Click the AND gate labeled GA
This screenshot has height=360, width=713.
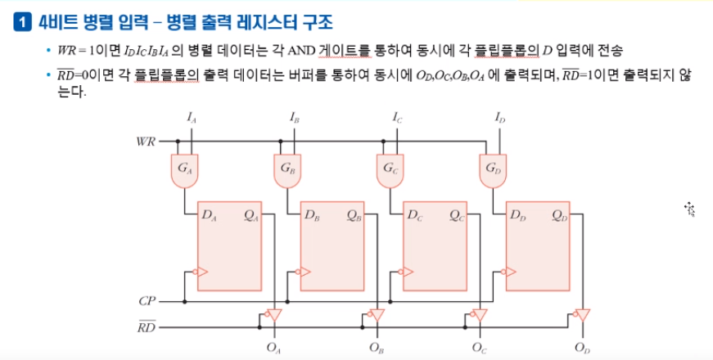pyautogui.click(x=184, y=169)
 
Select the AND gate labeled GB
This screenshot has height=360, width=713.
pyautogui.click(x=287, y=169)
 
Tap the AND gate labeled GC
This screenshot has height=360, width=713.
pyautogui.click(x=390, y=169)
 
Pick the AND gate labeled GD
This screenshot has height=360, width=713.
pyautogui.click(x=492, y=169)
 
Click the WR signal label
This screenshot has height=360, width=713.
pyautogui.click(x=145, y=142)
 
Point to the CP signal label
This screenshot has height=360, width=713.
pyautogui.click(x=147, y=301)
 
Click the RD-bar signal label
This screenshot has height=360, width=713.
pyautogui.click(x=145, y=327)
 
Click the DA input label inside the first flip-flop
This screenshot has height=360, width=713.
pyautogui.click(x=210, y=216)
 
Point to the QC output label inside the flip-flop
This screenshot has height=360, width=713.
pyautogui.click(x=457, y=216)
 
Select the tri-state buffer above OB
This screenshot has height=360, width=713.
pyautogui.click(x=376, y=315)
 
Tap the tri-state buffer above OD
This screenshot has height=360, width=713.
pyautogui.click(x=582, y=315)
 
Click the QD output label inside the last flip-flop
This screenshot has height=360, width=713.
pyautogui.click(x=560, y=216)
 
